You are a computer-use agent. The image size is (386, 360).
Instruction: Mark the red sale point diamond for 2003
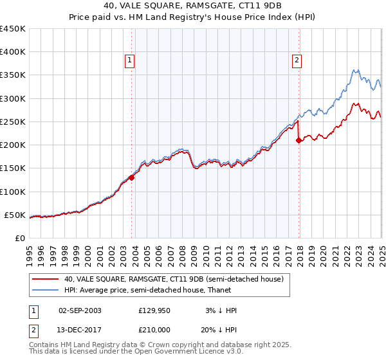pos(131,178)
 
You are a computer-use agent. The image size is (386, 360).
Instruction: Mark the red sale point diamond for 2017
pos(299,140)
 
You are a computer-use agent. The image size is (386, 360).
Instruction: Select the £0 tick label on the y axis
pos(20,238)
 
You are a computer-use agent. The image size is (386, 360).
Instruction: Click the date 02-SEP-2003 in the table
pos(80,310)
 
